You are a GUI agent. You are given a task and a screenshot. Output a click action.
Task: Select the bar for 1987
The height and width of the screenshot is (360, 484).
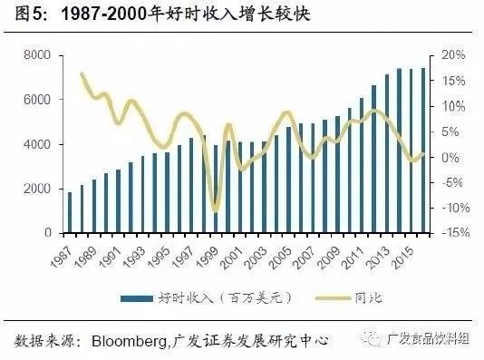tap(71, 212)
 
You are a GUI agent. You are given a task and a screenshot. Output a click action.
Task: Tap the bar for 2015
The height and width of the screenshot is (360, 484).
tap(411, 151)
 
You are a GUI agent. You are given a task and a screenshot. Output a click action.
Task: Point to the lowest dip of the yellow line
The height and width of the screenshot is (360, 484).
tap(215, 210)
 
